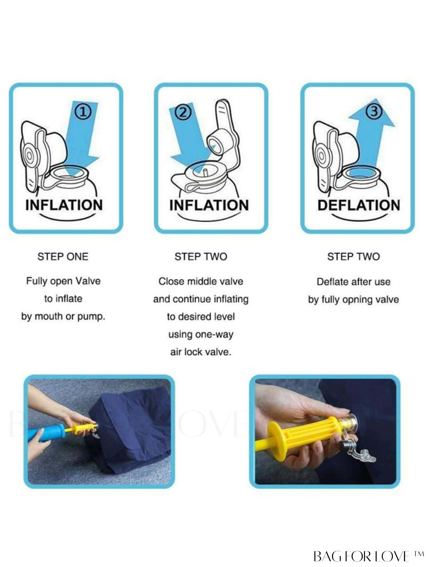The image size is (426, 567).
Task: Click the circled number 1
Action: [83, 113]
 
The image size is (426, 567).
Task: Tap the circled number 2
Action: [183, 113]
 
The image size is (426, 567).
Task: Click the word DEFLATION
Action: [359, 205]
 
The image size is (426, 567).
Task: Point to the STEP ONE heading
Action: [63, 257]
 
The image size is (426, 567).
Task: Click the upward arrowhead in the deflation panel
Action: [372, 113]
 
